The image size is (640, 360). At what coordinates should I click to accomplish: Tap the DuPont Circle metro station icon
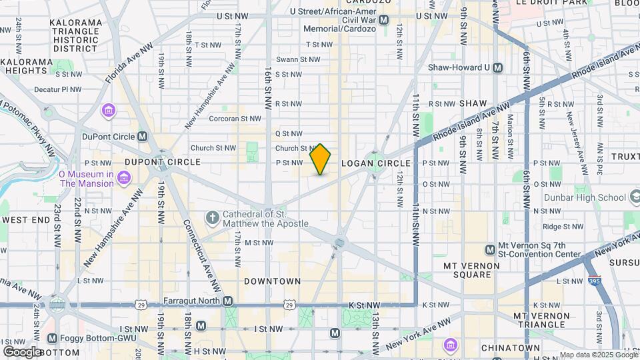click(x=142, y=137)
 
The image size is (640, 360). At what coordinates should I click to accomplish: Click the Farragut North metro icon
click(x=228, y=301)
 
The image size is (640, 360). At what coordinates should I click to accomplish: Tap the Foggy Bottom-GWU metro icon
click(x=52, y=339)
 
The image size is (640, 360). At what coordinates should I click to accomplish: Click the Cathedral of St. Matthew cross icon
click(x=212, y=218)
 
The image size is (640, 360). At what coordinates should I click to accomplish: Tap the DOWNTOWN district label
click(x=272, y=281)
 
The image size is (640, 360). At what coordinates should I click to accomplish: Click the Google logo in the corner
click(x=22, y=351)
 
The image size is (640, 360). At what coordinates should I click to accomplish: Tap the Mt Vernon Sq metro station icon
click(x=490, y=249)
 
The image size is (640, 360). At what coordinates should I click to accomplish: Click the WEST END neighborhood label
click(x=26, y=219)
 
